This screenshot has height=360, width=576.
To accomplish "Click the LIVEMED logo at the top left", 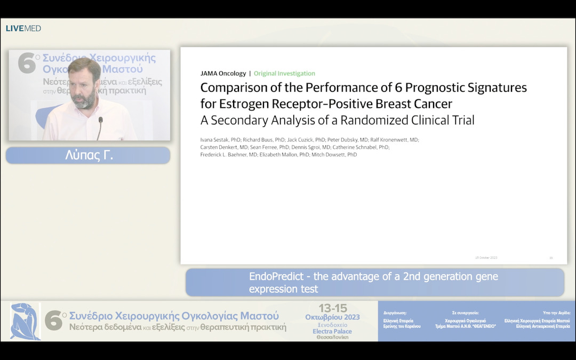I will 23,28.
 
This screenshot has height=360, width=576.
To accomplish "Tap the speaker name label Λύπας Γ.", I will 88,156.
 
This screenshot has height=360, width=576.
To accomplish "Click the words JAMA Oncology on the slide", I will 223,74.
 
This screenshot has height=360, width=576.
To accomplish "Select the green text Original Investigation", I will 284,74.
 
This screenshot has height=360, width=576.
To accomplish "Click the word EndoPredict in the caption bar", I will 274,276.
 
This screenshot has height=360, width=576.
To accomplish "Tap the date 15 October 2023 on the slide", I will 486,258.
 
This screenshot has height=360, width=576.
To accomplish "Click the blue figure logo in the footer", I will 25,322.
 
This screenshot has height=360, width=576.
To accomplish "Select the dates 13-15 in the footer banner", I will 333,308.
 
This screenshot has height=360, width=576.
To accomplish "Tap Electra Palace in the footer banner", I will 332,331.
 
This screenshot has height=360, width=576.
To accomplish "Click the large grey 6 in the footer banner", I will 53,321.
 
